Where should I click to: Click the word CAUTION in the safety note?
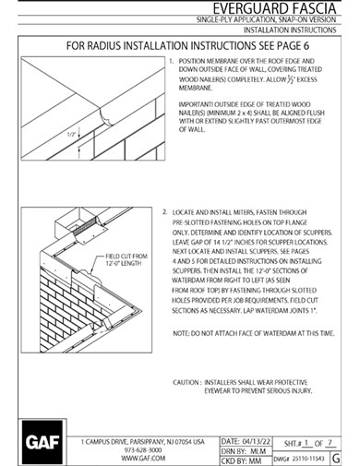[187, 381]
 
